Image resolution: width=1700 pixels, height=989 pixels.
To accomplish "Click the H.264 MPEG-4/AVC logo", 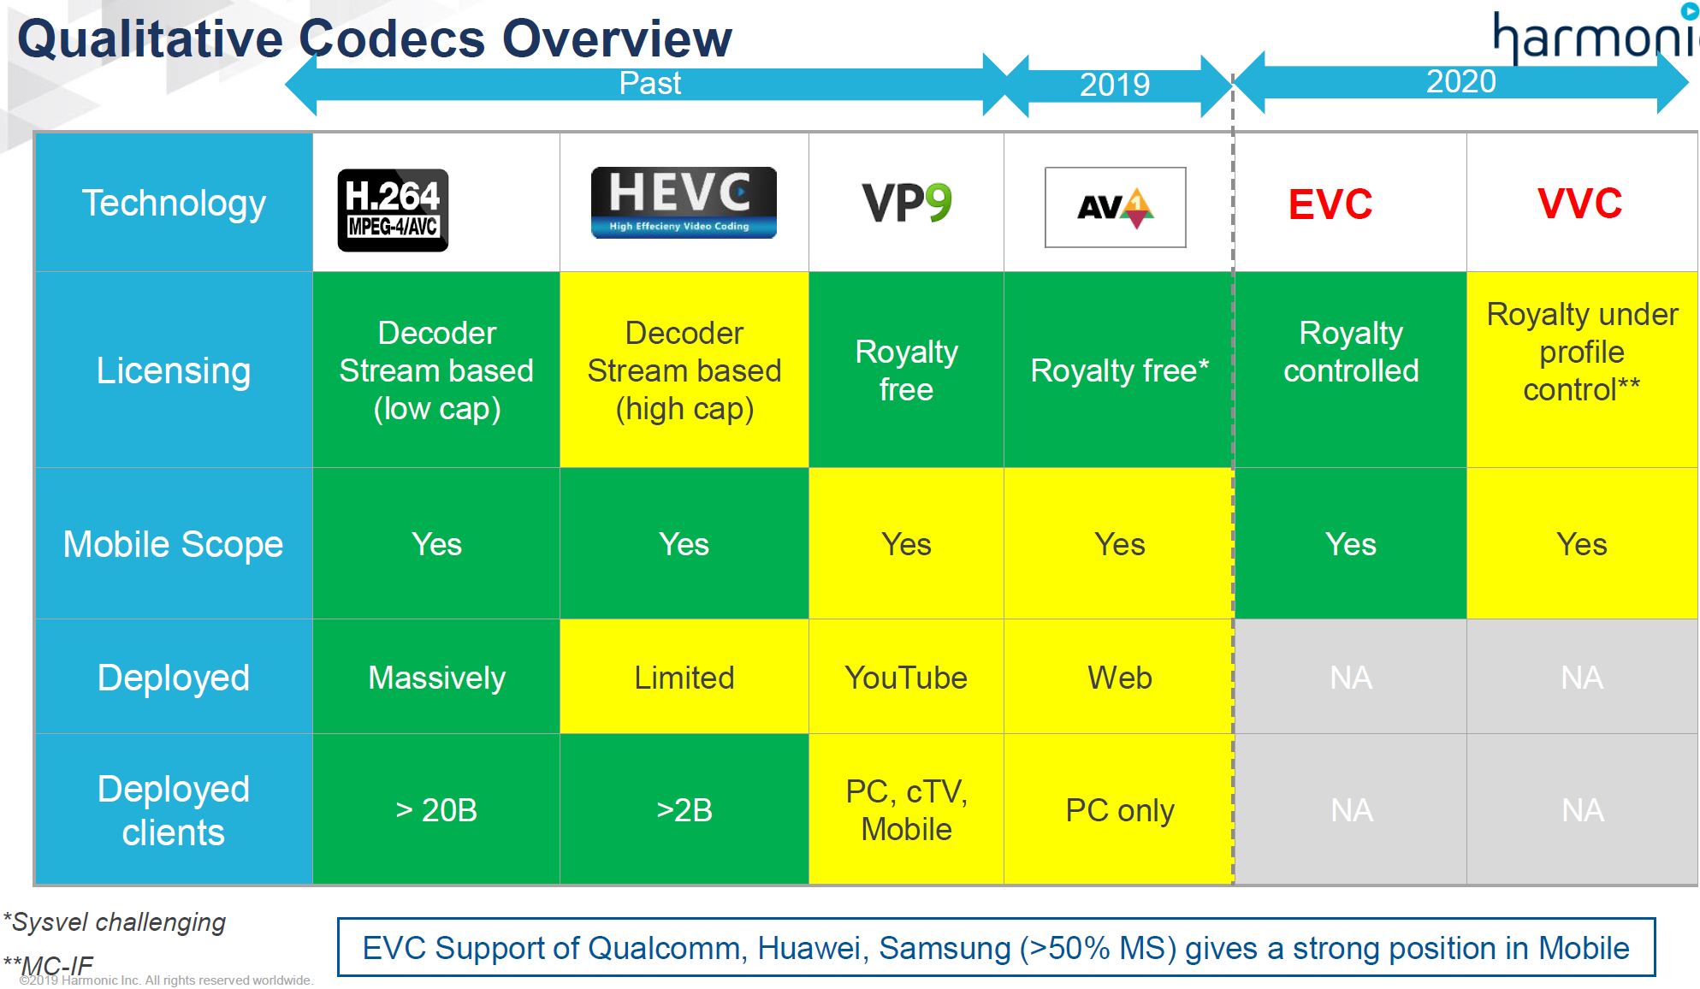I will click(x=393, y=210).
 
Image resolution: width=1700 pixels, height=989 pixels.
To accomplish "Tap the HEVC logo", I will click(x=684, y=203).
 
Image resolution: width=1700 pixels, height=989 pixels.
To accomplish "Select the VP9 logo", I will click(x=906, y=203).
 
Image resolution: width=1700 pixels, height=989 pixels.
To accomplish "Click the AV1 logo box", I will click(x=1115, y=207).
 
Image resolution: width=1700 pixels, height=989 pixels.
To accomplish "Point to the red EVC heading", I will click(x=1330, y=204).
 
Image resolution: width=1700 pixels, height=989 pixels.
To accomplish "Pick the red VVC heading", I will click(x=1579, y=204).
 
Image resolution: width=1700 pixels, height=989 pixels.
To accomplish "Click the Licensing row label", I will click(x=173, y=370).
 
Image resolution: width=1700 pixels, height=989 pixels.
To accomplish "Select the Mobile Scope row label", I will click(x=173, y=544).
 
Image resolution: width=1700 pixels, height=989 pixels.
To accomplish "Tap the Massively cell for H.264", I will click(x=436, y=678).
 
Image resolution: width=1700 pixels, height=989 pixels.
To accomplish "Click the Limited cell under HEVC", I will click(x=684, y=678).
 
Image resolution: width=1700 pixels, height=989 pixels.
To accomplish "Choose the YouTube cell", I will click(x=906, y=678).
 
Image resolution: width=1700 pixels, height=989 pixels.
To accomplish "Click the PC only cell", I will click(x=1119, y=809).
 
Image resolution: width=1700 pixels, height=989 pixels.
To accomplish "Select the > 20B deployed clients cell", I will click(x=436, y=809).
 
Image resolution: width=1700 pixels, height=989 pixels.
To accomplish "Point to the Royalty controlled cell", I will click(x=1350, y=352).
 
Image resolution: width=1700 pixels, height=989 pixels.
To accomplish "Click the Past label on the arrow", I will click(x=649, y=84).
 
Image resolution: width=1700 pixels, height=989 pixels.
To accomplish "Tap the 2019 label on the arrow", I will click(x=1114, y=85).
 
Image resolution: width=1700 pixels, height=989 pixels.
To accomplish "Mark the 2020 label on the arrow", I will click(x=1460, y=82).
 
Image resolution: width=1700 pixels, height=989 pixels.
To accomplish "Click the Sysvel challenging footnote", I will click(x=115, y=922).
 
